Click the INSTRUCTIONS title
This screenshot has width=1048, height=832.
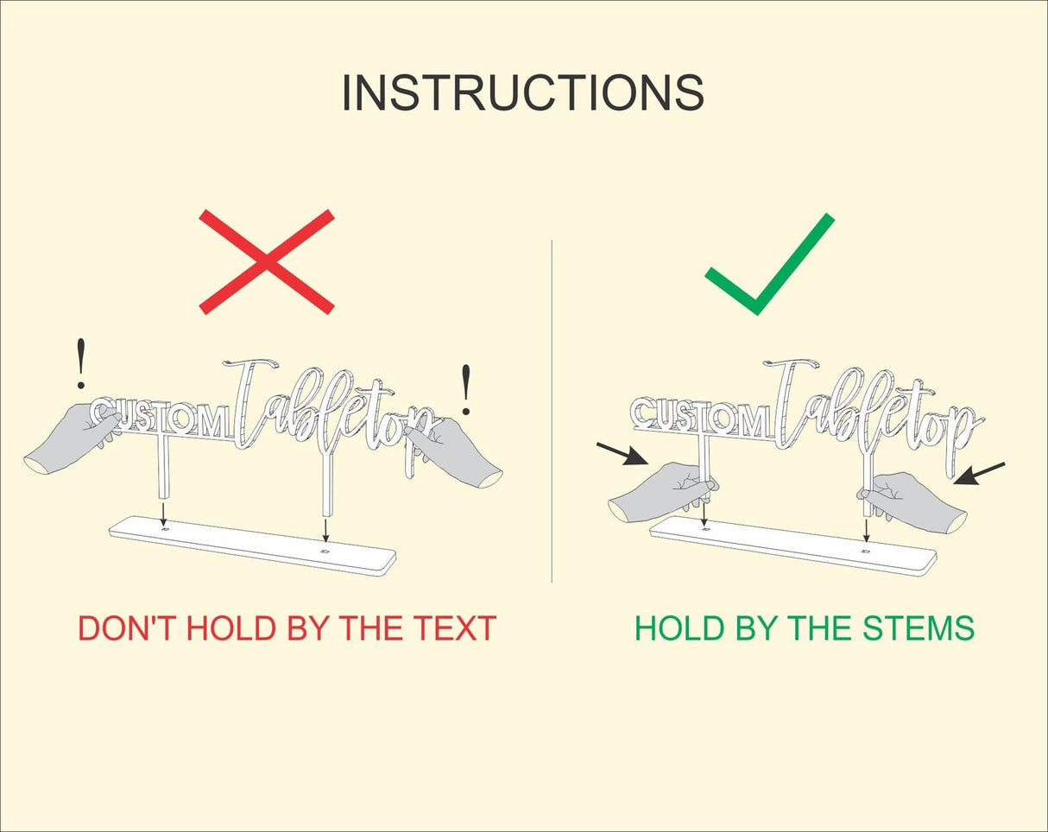[522, 93]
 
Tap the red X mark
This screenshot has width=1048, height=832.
[267, 262]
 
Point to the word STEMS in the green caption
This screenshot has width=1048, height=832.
[919, 628]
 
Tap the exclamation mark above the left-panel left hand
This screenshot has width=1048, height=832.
[81, 363]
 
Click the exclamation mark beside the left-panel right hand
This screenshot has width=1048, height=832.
[466, 389]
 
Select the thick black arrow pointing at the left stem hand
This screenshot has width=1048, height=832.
[623, 454]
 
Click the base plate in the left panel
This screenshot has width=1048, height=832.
[253, 545]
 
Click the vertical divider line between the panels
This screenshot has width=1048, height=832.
[552, 412]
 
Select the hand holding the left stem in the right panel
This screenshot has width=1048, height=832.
[662, 492]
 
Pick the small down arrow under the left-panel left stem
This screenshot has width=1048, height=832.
[164, 514]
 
